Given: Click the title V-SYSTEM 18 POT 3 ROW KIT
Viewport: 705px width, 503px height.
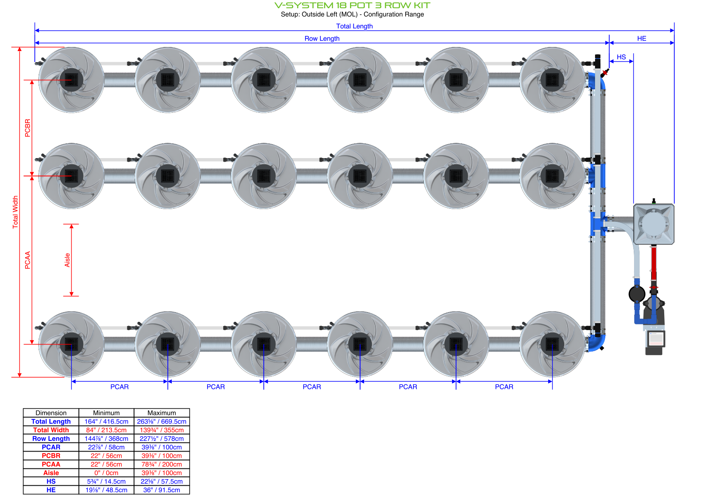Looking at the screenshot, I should click(x=352, y=5).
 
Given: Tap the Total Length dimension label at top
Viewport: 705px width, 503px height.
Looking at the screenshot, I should click(x=354, y=26).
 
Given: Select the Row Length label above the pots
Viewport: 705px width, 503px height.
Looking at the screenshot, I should click(x=322, y=39).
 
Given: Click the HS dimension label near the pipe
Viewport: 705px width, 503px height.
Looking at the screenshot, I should click(x=621, y=57).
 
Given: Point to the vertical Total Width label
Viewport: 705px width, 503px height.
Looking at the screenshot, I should click(x=16, y=212).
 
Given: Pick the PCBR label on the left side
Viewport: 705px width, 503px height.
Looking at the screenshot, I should click(x=28, y=128).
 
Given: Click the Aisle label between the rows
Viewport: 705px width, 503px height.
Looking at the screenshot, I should click(x=68, y=260).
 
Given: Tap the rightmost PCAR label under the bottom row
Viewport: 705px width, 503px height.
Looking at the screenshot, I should click(x=504, y=387).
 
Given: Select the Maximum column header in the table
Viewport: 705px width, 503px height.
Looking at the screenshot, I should click(x=161, y=413).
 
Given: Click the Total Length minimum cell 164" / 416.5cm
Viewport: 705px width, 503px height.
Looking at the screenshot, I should click(x=106, y=421).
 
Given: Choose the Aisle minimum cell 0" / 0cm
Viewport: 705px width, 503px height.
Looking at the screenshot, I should click(x=106, y=473).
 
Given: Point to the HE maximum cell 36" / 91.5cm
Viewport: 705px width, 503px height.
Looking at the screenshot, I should click(x=161, y=490).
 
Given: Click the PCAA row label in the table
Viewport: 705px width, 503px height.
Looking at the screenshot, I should click(x=51, y=464).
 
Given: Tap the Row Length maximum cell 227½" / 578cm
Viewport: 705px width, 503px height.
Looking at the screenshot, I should click(x=161, y=439).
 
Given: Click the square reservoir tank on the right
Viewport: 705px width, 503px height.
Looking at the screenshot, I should click(x=653, y=224).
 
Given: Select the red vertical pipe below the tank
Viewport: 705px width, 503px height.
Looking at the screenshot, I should click(x=654, y=263).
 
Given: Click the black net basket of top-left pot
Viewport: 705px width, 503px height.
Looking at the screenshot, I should click(x=71, y=79).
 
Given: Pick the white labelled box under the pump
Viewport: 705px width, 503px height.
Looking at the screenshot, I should click(x=656, y=338).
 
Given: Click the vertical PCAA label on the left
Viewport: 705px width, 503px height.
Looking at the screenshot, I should click(x=28, y=260).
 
